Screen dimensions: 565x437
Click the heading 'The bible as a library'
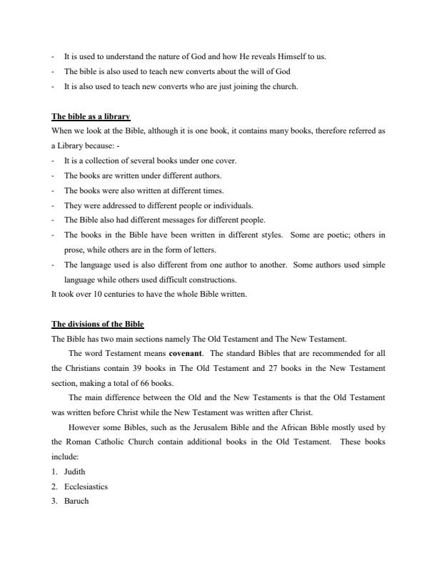coord(91,116)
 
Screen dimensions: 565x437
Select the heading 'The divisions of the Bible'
coord(98,324)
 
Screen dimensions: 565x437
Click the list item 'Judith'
coord(74,472)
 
